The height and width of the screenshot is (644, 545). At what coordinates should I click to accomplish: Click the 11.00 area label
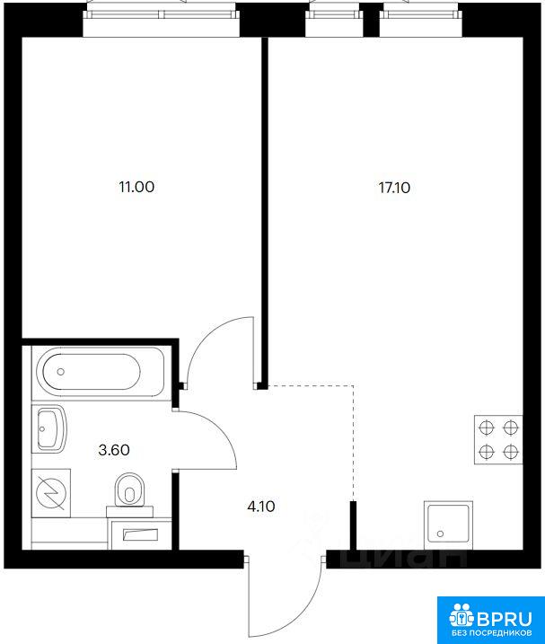point(136,187)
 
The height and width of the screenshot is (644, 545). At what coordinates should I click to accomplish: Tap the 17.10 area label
point(394,188)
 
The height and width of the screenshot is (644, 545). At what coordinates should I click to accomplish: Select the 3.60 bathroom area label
point(114,450)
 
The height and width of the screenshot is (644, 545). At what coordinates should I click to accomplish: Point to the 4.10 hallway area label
point(261,507)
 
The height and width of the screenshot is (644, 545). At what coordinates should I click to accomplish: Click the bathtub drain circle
point(61,372)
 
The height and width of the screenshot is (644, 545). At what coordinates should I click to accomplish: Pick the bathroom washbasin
point(49,429)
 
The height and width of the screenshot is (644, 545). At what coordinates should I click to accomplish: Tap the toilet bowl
point(130,490)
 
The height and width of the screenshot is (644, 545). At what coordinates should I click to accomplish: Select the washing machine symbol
point(51,493)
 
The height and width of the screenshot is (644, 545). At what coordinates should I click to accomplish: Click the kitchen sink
point(448,525)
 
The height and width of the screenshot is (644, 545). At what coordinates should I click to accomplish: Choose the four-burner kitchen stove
point(498,440)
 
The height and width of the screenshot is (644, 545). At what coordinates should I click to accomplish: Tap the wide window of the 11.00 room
point(161,14)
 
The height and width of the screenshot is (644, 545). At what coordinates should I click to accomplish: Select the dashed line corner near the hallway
point(353,386)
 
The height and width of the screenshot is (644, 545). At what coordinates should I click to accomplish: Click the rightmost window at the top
point(420,14)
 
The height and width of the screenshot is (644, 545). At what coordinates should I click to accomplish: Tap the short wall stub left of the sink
point(353,525)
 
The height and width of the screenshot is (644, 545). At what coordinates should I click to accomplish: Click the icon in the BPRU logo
point(462,615)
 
